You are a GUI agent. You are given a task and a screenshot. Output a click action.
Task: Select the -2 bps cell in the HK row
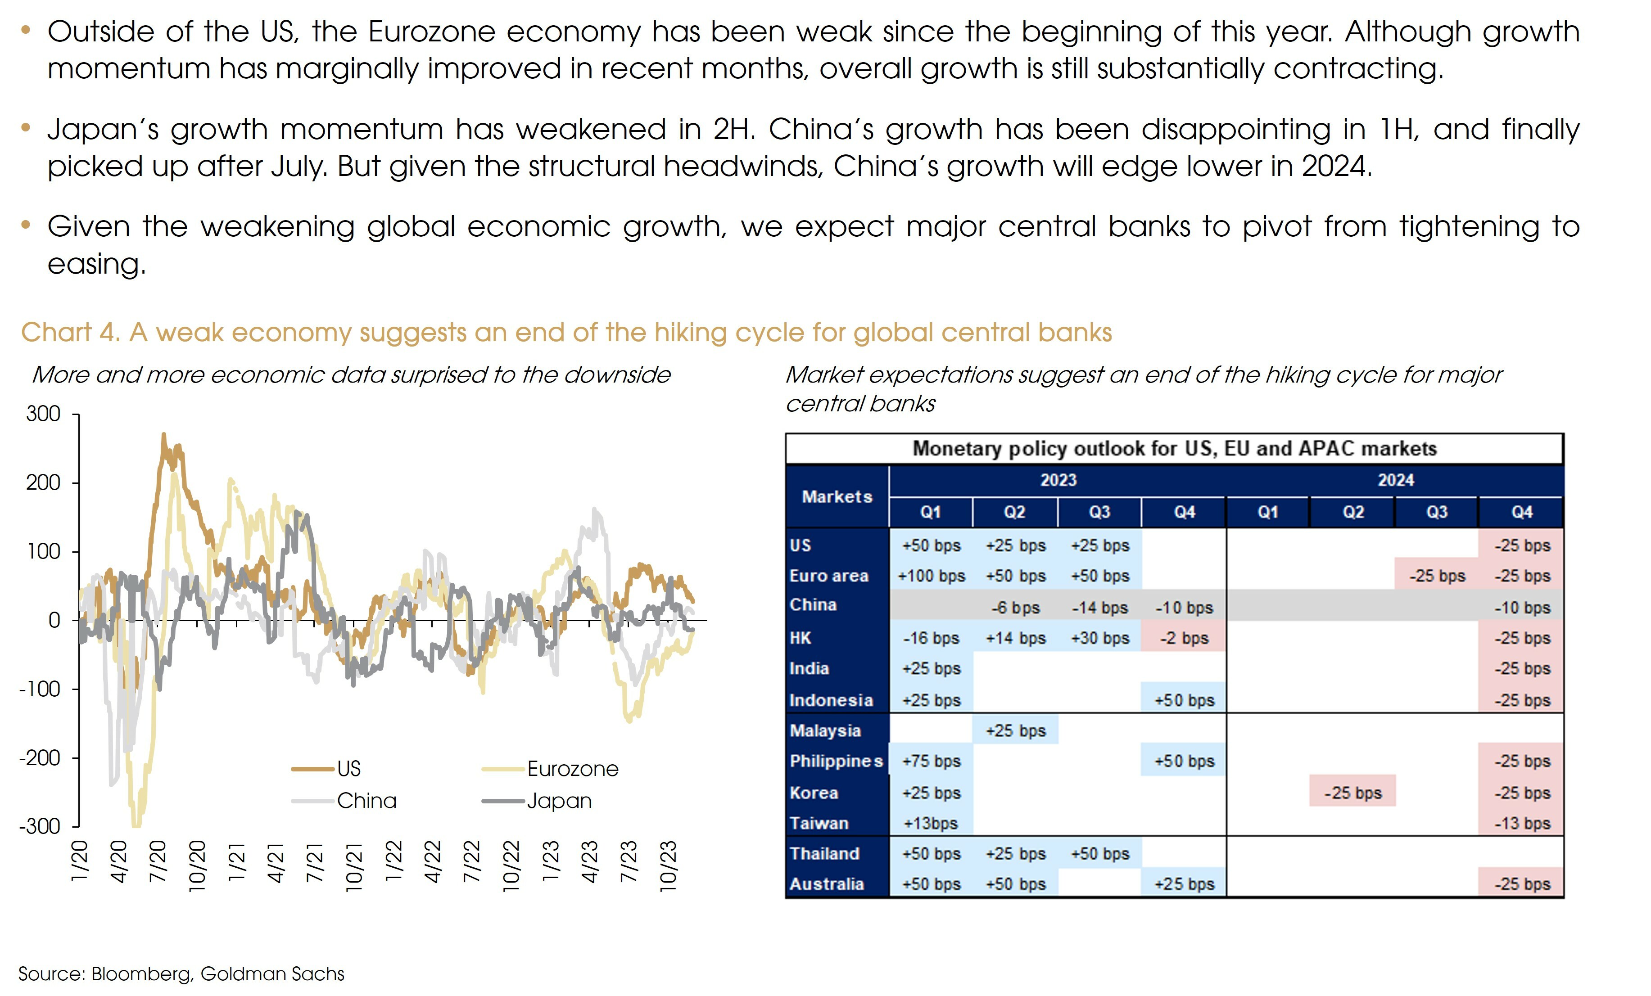pyautogui.click(x=1184, y=638)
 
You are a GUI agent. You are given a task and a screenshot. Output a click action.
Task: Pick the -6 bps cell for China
pyautogui.click(x=1015, y=608)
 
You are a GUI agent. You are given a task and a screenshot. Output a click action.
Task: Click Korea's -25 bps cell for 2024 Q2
pyautogui.click(x=1352, y=793)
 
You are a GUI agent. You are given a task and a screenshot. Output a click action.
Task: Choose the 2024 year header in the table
pyautogui.click(x=1395, y=480)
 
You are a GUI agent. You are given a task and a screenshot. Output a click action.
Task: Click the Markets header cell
pyautogui.click(x=837, y=497)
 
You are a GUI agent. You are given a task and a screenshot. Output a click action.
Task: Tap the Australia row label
pyautogui.click(x=826, y=884)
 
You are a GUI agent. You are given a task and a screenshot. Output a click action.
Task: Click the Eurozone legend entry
pyautogui.click(x=572, y=769)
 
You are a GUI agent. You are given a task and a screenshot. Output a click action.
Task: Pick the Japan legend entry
pyautogui.click(x=559, y=801)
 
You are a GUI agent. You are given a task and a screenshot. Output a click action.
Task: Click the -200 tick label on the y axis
pyautogui.click(x=40, y=758)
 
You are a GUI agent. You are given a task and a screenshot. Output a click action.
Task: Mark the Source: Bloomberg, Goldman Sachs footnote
pyautogui.click(x=181, y=974)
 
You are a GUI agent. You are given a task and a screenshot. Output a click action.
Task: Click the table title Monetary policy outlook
pyautogui.click(x=1174, y=449)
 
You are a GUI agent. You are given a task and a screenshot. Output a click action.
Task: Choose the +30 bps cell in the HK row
pyautogui.click(x=1099, y=638)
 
